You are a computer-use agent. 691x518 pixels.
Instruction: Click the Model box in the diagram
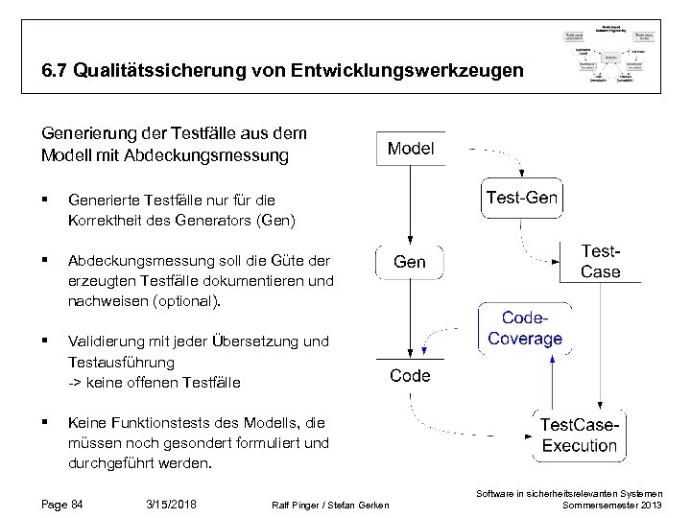tap(410, 149)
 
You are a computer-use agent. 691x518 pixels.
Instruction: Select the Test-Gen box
tap(522, 200)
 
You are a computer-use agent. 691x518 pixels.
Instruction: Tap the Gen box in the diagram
tap(410, 262)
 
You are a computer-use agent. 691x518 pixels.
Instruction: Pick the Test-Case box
tap(601, 260)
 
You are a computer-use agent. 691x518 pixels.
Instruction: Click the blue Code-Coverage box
tap(525, 328)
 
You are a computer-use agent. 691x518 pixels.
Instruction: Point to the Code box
tap(410, 376)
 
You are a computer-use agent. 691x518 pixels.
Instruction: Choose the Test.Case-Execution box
tap(579, 436)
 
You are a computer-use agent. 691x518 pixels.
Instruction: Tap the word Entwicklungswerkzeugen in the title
tap(423, 71)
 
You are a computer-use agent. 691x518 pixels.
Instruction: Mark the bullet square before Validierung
tap(46, 341)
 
